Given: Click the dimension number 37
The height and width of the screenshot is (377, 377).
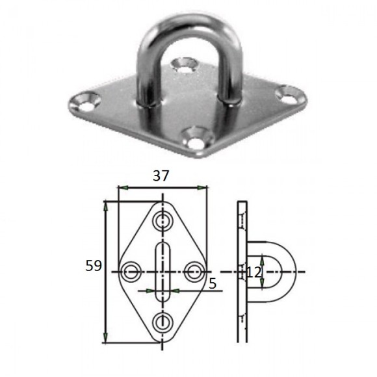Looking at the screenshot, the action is tap(161, 175).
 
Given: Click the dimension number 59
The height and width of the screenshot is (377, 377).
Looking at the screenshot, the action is tap(94, 266).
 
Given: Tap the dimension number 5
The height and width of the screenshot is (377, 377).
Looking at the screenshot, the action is tap(213, 284).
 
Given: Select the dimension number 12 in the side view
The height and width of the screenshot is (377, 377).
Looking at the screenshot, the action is tap(254, 272).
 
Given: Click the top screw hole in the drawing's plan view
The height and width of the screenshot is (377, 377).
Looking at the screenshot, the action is tap(163, 220).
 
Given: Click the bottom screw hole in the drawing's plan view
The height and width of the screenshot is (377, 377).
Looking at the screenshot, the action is tap(163, 322).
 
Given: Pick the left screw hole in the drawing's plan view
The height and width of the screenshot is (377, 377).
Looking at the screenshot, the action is tap(130, 272).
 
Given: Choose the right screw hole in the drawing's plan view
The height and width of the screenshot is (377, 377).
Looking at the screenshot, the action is tap(195, 272).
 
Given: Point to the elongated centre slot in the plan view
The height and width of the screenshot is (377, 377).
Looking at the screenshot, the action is tap(163, 272).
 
